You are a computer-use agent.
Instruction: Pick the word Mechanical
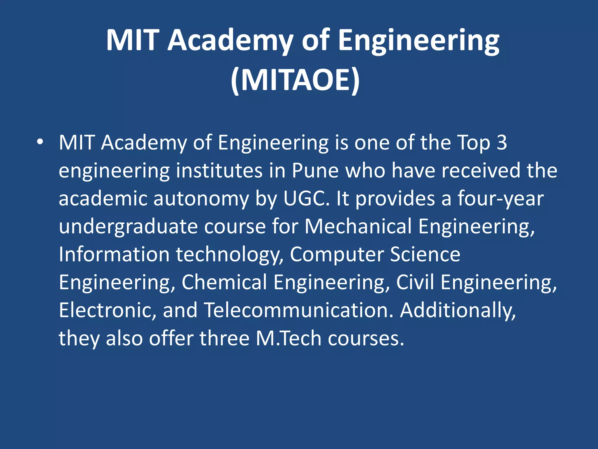tap(358, 226)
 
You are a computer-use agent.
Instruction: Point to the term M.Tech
tap(288, 338)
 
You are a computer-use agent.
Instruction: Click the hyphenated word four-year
tap(500, 198)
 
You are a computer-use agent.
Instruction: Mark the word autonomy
tap(201, 199)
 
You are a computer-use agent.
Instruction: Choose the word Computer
tap(336, 254)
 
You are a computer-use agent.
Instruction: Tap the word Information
tap(114, 254)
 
